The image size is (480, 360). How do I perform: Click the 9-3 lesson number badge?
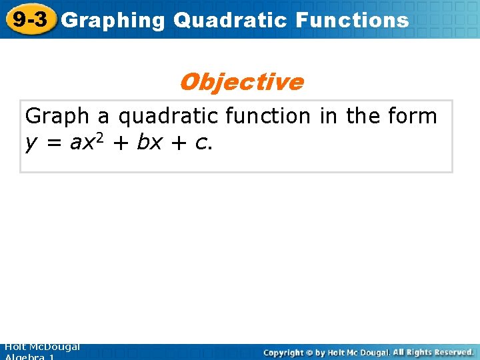point(28,19)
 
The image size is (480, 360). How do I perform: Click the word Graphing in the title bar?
point(112,21)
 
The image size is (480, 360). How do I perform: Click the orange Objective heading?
point(241,82)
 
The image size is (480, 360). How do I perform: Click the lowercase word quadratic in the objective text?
point(168,117)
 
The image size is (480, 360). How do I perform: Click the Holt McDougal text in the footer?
point(41,347)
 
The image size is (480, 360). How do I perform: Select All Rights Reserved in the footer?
point(433,352)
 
